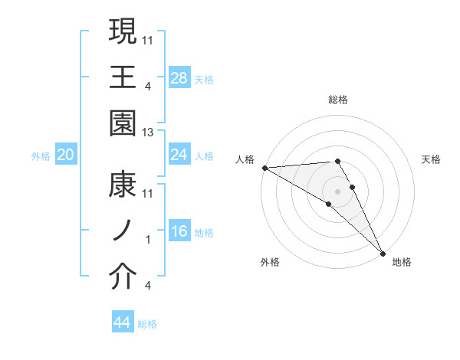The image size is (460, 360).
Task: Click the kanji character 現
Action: (123, 32)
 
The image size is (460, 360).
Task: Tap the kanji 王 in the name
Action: (123, 77)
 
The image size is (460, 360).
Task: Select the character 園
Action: (123, 123)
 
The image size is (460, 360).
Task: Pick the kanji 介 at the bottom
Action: (123, 277)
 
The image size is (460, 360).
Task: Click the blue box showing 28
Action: (179, 77)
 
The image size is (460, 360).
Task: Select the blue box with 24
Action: (179, 155)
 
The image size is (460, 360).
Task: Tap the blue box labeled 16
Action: (179, 232)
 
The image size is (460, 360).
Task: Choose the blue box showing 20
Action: (65, 155)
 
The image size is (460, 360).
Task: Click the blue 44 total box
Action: (123, 322)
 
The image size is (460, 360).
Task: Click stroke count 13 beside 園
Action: (148, 133)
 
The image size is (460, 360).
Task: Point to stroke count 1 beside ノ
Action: (148, 240)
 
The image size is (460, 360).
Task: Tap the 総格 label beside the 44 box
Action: (147, 324)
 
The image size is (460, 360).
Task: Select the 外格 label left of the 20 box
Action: (41, 156)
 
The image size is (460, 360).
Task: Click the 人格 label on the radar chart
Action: (245, 159)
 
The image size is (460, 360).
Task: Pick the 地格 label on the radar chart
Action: (402, 262)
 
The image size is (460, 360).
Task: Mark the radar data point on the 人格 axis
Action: (264, 168)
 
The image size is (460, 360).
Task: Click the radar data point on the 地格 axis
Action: (383, 252)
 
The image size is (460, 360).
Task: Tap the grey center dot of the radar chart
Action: (337, 191)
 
